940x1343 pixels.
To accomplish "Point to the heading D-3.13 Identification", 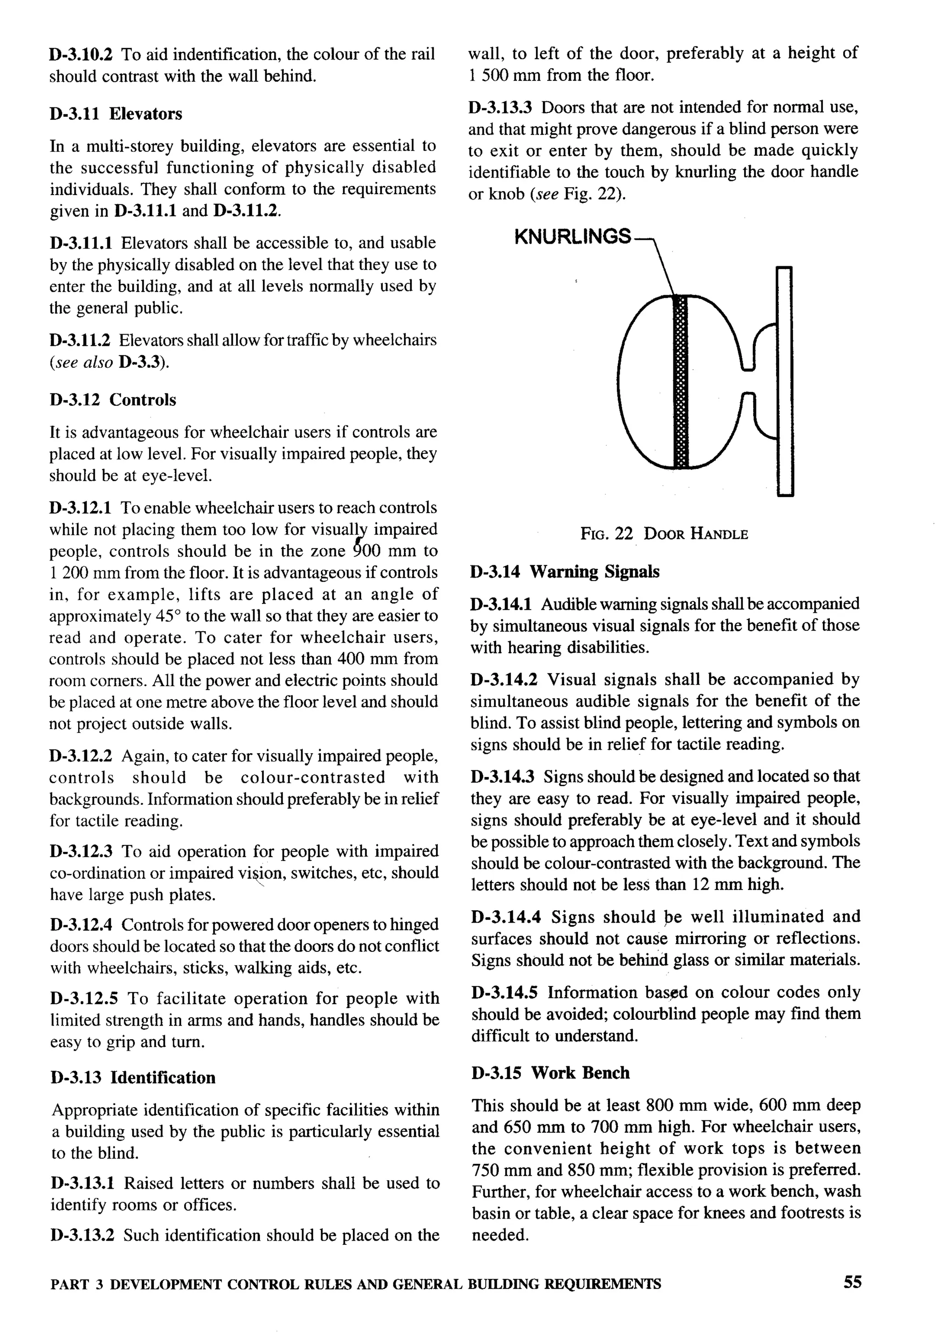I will (133, 1077).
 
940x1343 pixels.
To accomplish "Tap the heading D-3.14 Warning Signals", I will (565, 571).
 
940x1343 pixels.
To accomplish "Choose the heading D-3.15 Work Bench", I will (550, 1072).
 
